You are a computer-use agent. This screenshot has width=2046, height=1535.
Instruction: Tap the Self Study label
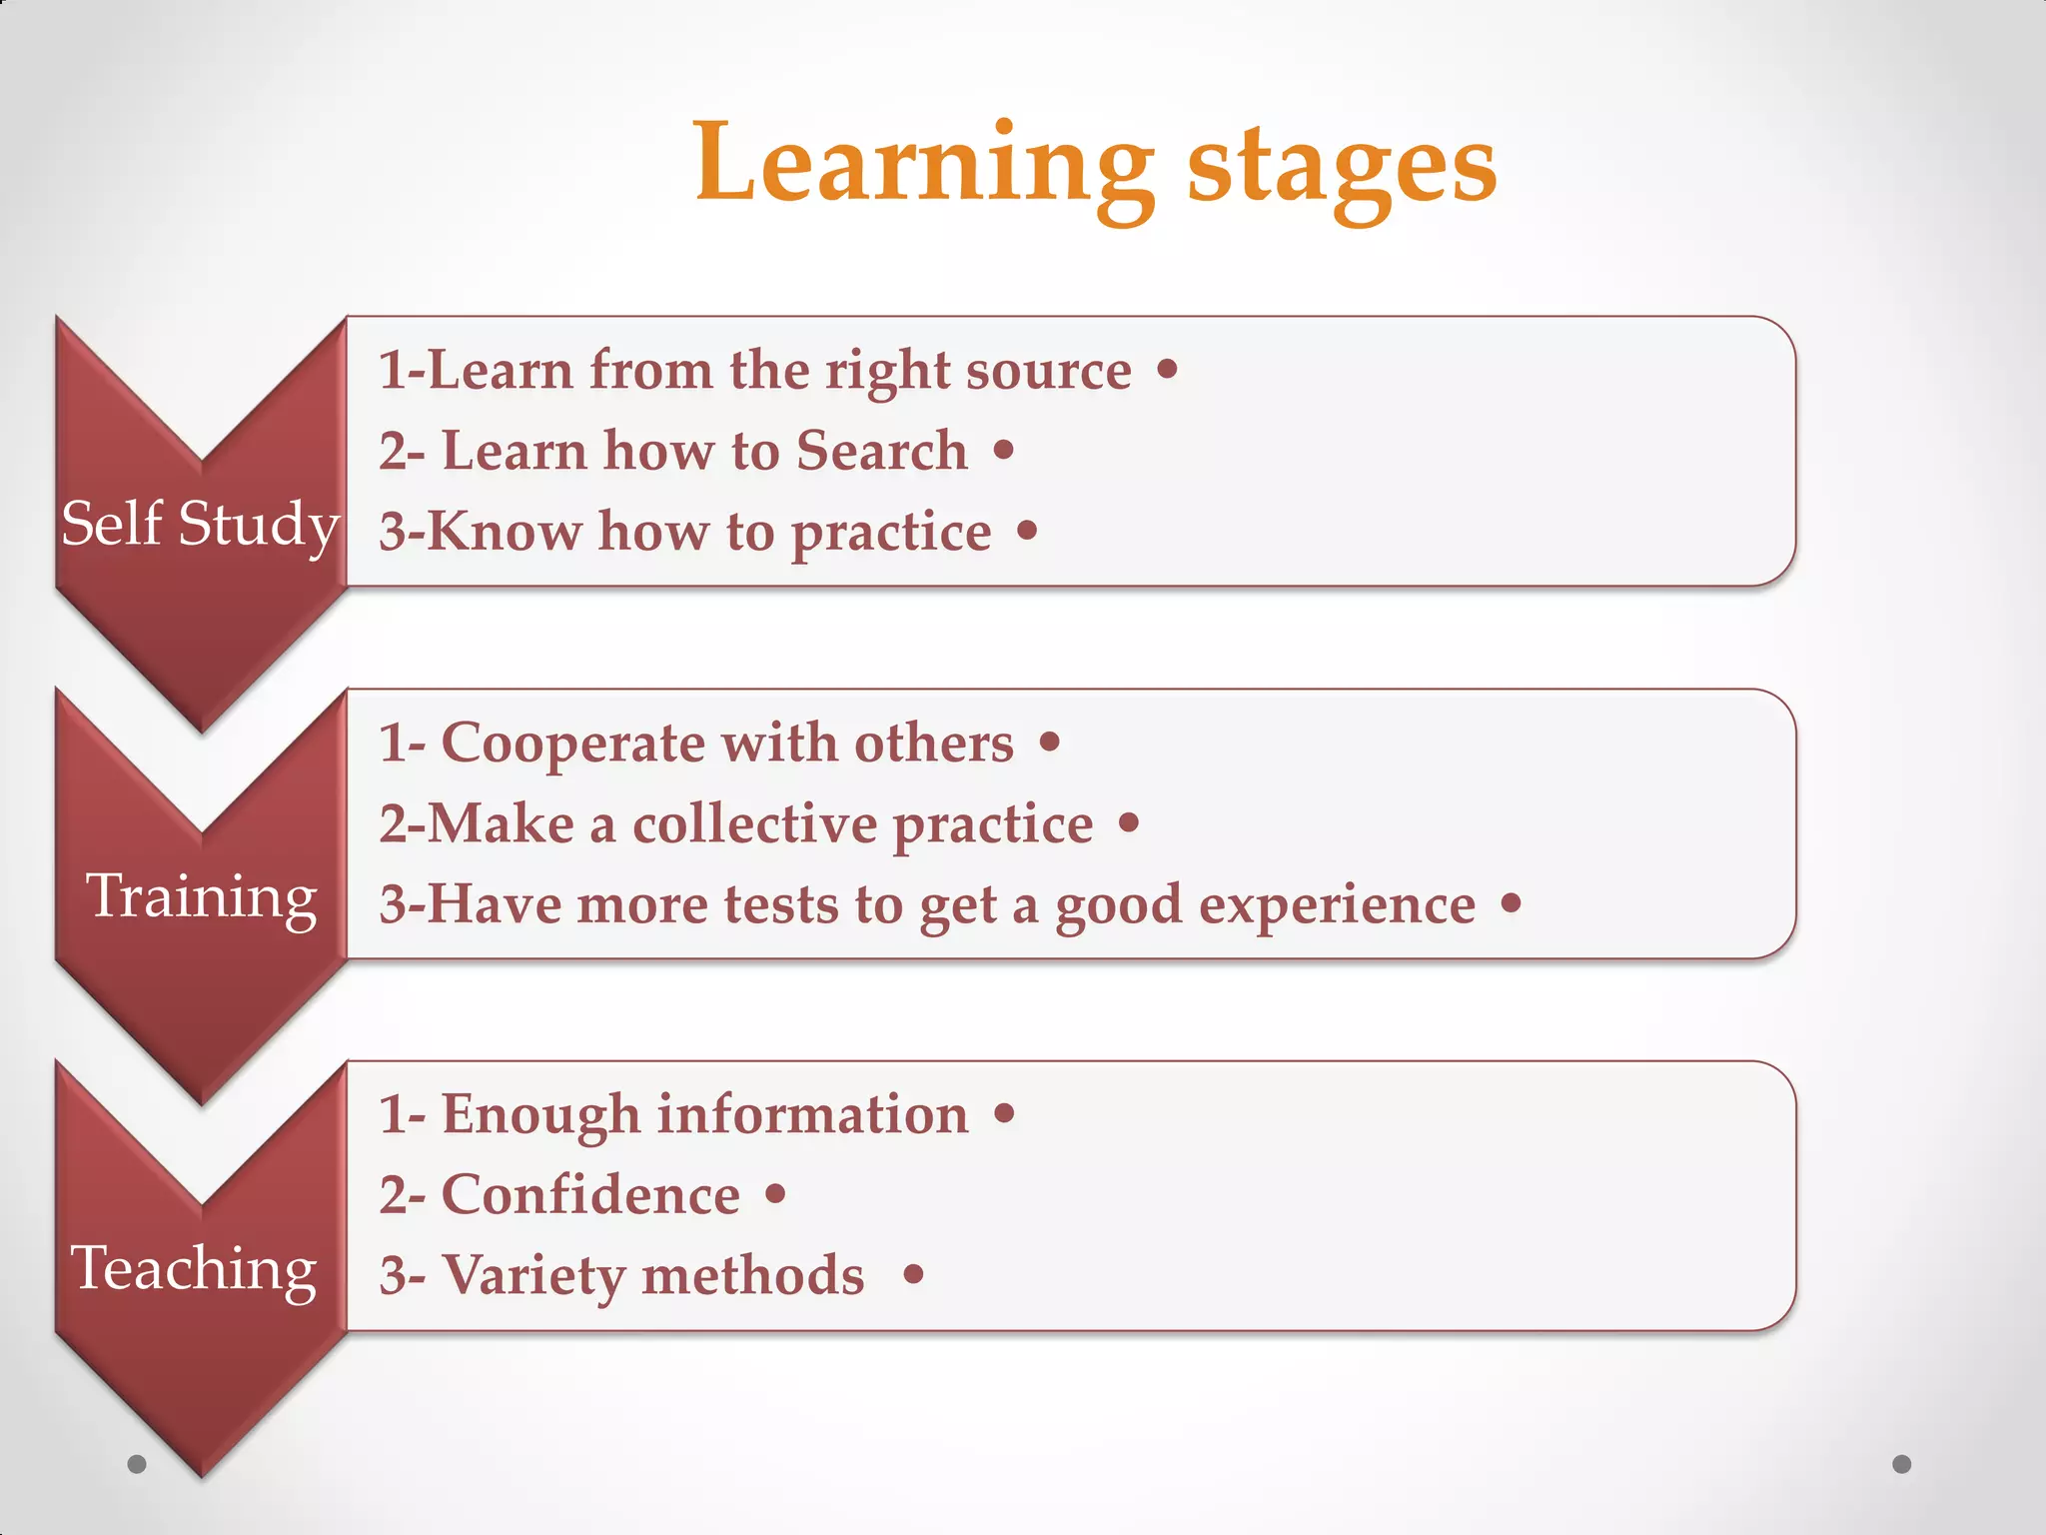[x=200, y=524]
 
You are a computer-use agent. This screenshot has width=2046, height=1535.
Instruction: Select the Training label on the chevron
[x=202, y=896]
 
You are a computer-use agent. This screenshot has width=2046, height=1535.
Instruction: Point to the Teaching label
[x=194, y=1269]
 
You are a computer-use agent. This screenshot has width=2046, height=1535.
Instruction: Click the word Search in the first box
[x=882, y=451]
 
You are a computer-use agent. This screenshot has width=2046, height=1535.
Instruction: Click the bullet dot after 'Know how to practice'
[x=1027, y=531]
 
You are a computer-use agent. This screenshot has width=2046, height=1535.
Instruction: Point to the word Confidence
[x=590, y=1195]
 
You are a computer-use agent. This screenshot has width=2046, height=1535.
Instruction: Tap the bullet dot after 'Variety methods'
[x=913, y=1274]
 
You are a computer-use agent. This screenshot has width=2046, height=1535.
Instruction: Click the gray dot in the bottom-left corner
[x=137, y=1464]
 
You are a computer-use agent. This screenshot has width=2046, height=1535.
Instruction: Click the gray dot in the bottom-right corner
[x=1902, y=1464]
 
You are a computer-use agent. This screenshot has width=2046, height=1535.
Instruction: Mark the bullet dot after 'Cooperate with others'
[x=1049, y=743]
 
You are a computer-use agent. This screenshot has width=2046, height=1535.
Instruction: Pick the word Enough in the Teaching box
[x=540, y=1115]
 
